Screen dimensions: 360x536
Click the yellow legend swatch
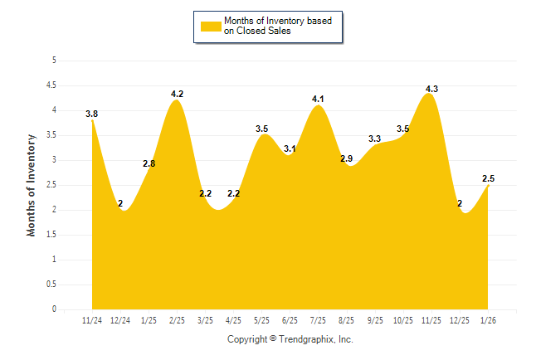[210, 27]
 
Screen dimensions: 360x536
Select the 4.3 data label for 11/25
[431, 89]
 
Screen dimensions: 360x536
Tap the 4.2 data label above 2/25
[177, 94]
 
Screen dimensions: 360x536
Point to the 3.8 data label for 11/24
[91, 114]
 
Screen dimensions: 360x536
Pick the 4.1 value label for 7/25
[318, 99]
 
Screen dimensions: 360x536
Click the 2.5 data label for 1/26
[489, 178]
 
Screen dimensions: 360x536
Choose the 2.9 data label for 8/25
[347, 158]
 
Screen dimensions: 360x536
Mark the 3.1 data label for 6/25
[290, 148]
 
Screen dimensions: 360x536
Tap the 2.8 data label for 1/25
[149, 163]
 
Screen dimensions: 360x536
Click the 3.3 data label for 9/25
[375, 139]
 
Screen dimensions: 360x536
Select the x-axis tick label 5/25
[261, 320]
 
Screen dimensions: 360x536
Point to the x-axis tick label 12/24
[120, 320]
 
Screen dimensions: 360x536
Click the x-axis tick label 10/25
[403, 320]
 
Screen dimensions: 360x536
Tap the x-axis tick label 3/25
[205, 320]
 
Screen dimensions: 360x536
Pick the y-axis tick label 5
[54, 60]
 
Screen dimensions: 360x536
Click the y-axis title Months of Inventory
[32, 185]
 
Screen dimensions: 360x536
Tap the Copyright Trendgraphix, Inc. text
[290, 339]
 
